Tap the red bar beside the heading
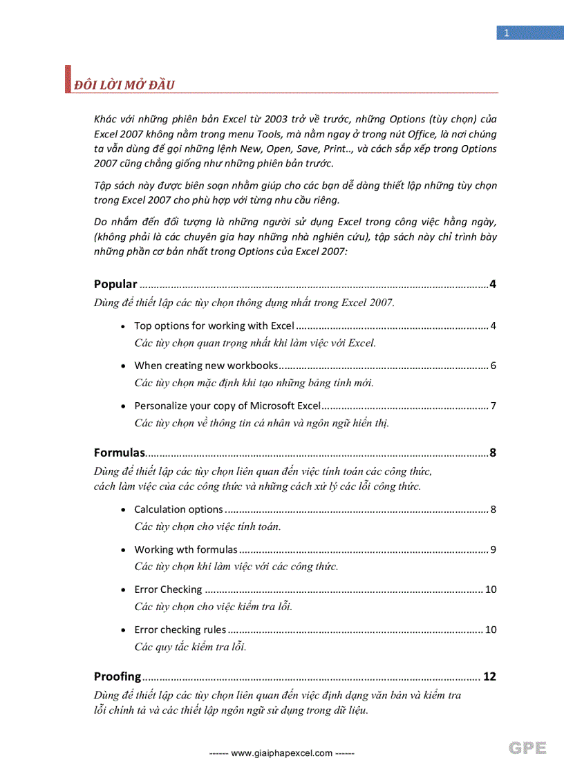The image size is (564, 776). click(68, 79)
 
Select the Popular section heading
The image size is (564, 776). click(115, 284)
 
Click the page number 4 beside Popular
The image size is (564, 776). click(492, 284)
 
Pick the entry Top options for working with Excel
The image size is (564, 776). click(214, 325)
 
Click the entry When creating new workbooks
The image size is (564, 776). click(206, 366)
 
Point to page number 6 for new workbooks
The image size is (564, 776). click(493, 366)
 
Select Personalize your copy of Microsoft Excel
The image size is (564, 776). click(227, 406)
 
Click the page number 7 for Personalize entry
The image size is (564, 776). click(493, 406)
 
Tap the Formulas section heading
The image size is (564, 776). click(119, 453)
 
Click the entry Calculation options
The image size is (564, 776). click(178, 509)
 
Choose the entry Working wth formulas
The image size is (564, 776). click(185, 549)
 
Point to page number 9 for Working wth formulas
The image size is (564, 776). click(493, 549)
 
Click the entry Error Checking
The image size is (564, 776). click(168, 589)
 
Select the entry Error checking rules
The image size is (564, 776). click(180, 630)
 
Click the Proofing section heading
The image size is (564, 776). click(117, 676)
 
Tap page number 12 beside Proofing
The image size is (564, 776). click(489, 676)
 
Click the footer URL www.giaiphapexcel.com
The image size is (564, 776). click(281, 753)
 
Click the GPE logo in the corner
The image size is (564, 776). click(528, 748)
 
